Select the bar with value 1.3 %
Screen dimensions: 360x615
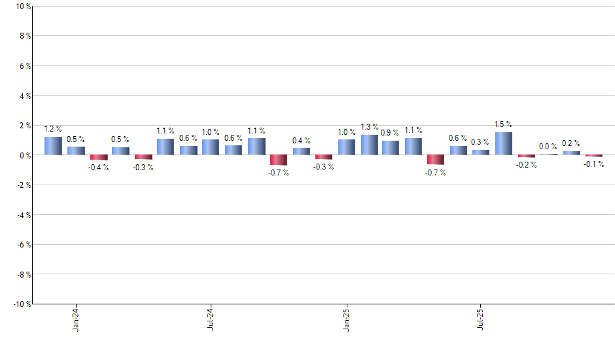(x=369, y=145)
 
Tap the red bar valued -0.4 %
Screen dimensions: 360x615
(x=99, y=158)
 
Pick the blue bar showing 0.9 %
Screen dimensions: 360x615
(x=391, y=148)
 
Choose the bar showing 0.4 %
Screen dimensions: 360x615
(x=302, y=151)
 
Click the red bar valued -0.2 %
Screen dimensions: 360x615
(x=526, y=156)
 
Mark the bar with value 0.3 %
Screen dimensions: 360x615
(x=481, y=153)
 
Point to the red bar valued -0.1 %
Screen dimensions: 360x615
(x=594, y=156)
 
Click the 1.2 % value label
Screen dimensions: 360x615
(x=54, y=129)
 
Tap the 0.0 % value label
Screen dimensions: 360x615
(x=548, y=147)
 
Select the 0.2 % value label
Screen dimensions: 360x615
(x=571, y=143)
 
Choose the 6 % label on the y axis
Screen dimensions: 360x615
(x=24, y=66)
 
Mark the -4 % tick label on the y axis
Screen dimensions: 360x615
(x=23, y=215)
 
